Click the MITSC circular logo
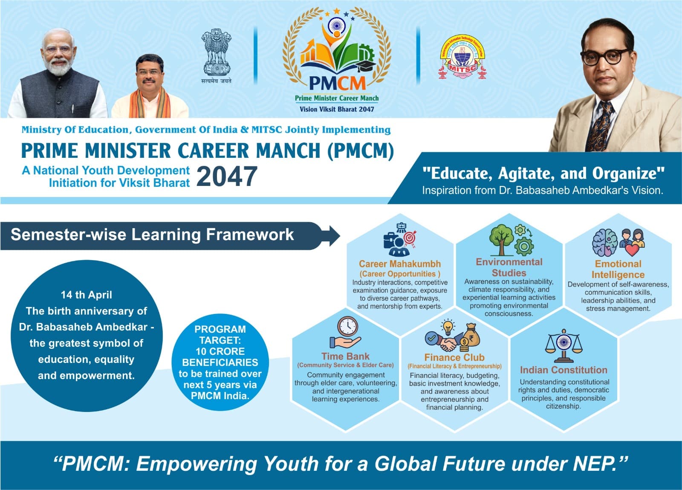(x=462, y=57)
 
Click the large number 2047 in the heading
(x=227, y=176)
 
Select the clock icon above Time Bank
(x=347, y=327)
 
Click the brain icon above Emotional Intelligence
(x=605, y=243)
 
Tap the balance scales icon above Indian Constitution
(x=564, y=347)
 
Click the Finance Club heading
(x=454, y=357)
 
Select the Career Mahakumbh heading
(x=400, y=264)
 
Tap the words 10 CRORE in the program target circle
(x=220, y=351)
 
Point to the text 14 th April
(x=87, y=295)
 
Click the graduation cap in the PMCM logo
(x=366, y=66)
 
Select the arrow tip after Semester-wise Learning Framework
(x=340, y=236)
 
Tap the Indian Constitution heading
(x=564, y=370)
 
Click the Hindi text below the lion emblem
(x=216, y=81)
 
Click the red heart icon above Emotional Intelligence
(x=632, y=250)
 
